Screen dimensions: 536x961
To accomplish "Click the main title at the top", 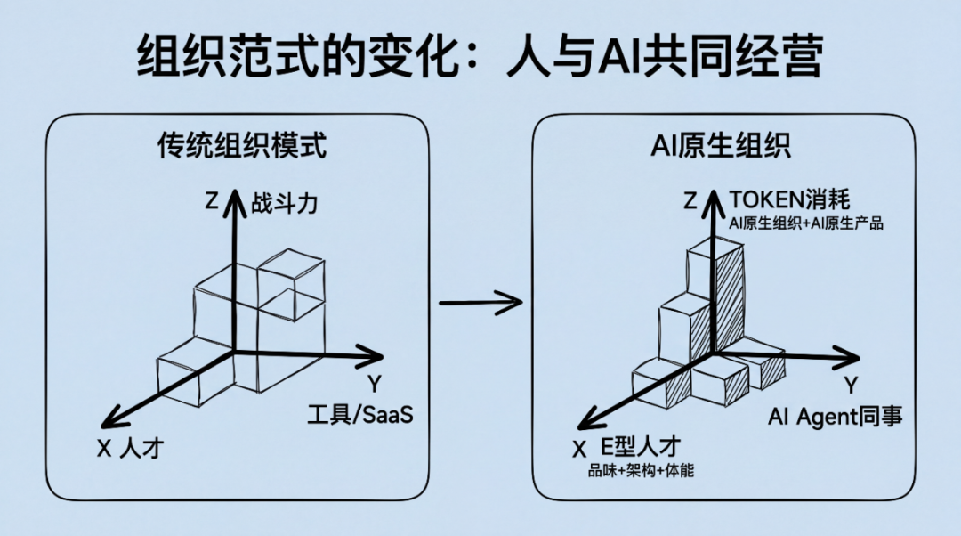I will coord(480,60).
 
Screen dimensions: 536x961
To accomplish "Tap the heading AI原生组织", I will coord(721,145).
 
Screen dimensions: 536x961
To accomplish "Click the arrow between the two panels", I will coord(480,301).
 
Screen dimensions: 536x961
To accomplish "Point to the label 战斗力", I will coord(285,203).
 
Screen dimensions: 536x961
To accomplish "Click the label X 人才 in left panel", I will coord(131,449).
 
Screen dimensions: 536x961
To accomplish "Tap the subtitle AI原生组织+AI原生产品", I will coord(806,223).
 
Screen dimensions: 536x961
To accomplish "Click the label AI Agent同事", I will coord(835,415).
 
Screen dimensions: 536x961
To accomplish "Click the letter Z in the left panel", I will coord(211,202).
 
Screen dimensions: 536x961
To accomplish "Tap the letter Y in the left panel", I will coord(375,385).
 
